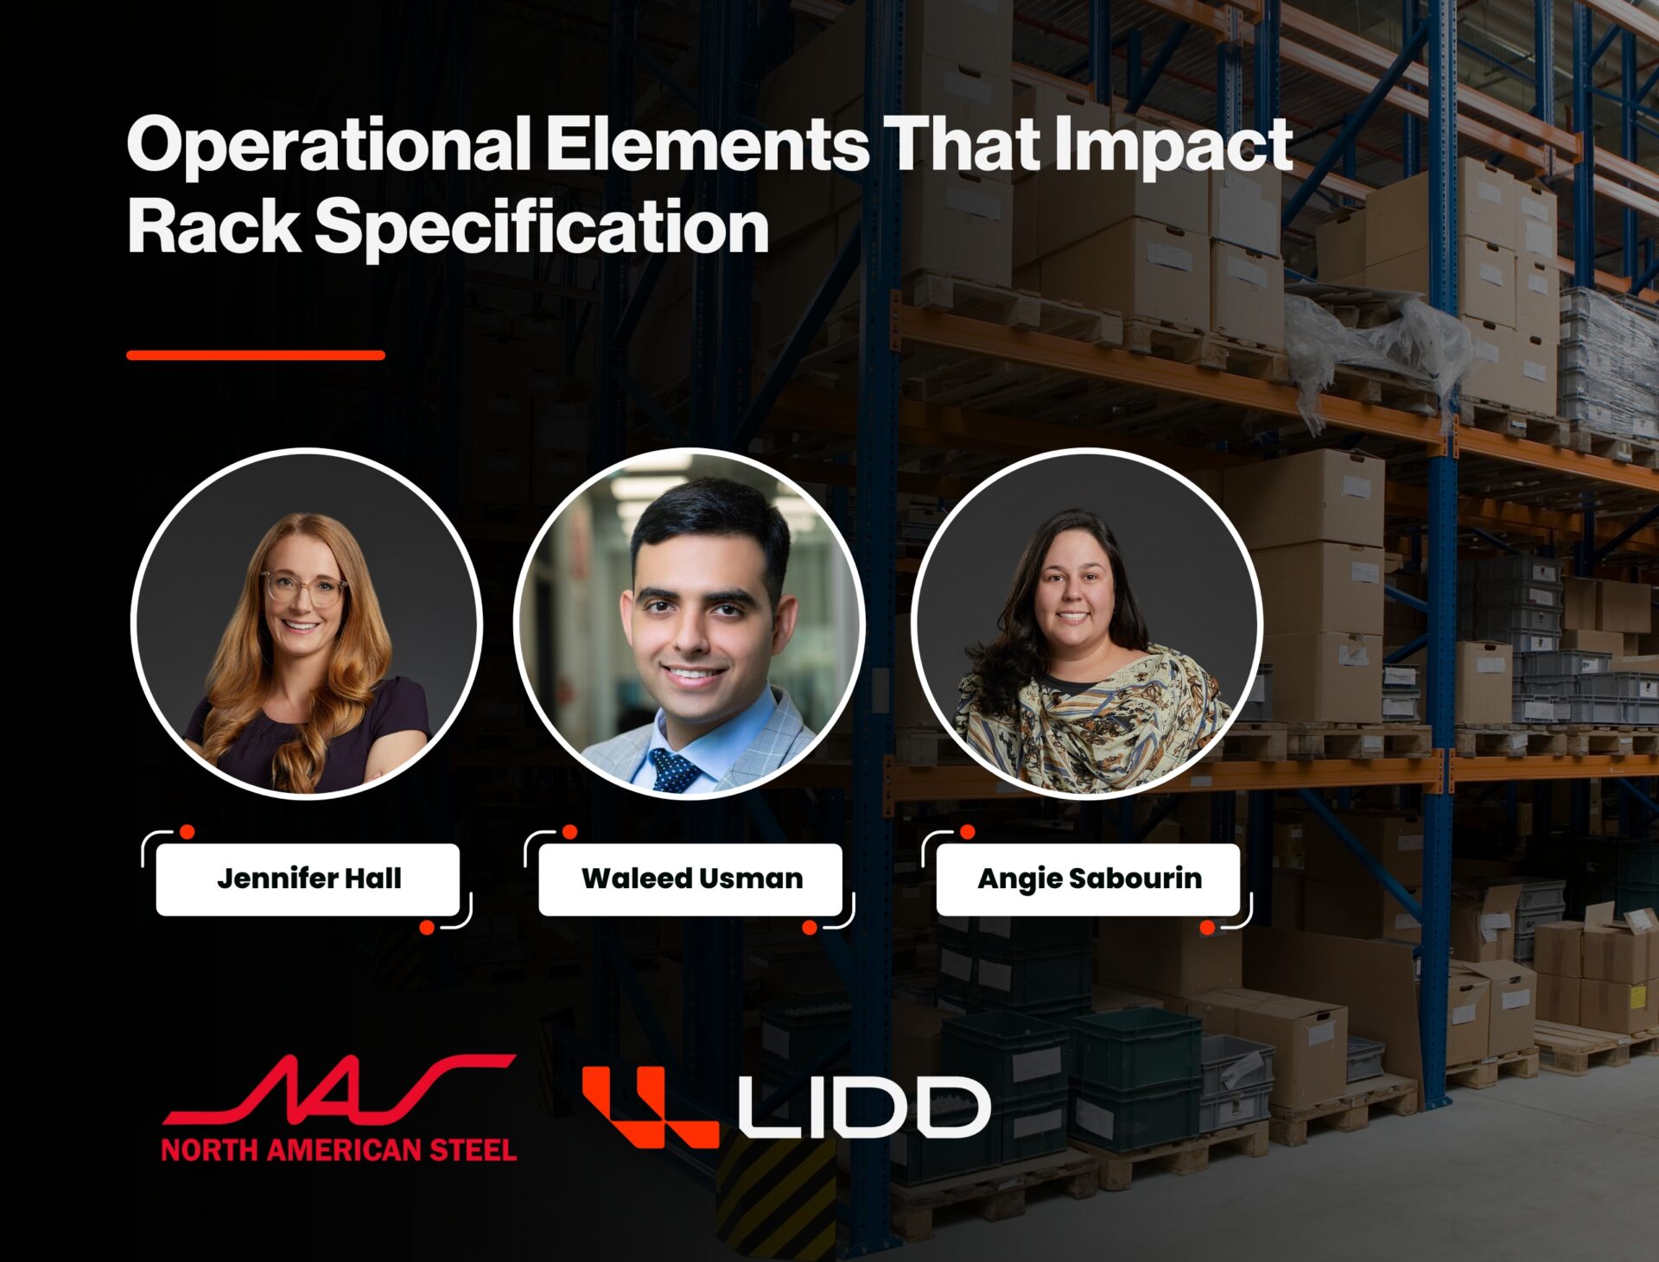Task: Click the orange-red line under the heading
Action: [256, 355]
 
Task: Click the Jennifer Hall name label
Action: [308, 879]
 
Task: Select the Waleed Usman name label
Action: [690, 879]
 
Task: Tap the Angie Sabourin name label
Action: [1089, 879]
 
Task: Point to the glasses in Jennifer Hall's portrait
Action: [304, 588]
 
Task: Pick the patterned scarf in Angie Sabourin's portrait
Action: [1093, 717]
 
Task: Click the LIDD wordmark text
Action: [863, 1107]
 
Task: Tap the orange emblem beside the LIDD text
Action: [651, 1107]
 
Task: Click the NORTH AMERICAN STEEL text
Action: [339, 1150]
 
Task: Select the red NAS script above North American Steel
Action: [339, 1089]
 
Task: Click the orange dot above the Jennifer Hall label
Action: [187, 833]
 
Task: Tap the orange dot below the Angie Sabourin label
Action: [1208, 928]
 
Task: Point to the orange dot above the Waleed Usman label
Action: [569, 832]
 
